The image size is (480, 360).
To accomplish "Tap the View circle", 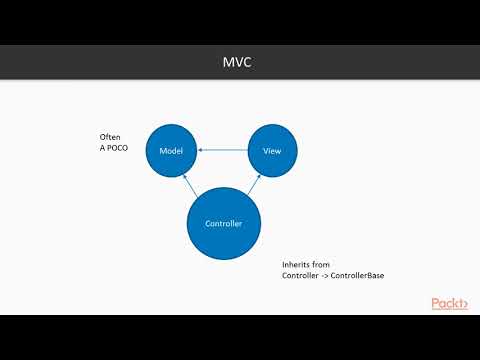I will coord(271,149).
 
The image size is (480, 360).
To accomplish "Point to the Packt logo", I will coord(450,303).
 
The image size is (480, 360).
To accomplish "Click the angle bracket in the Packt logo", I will coord(466,303).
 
